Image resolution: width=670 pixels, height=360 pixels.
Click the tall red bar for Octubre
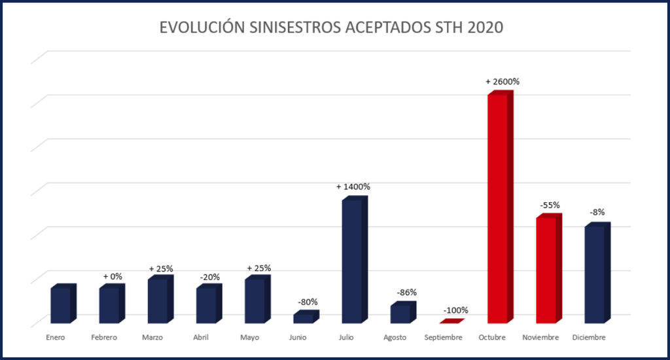click(499, 209)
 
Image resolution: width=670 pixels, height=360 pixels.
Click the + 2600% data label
click(502, 82)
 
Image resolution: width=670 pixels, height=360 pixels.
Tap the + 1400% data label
click(353, 187)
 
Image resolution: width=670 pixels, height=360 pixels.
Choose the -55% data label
click(550, 205)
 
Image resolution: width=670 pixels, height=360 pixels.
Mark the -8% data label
click(597, 212)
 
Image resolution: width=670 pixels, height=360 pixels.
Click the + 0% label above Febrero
click(113, 276)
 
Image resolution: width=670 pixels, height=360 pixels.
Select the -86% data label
click(406, 292)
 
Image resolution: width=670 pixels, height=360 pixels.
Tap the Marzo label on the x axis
click(153, 338)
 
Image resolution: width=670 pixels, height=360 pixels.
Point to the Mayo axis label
click(250, 338)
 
